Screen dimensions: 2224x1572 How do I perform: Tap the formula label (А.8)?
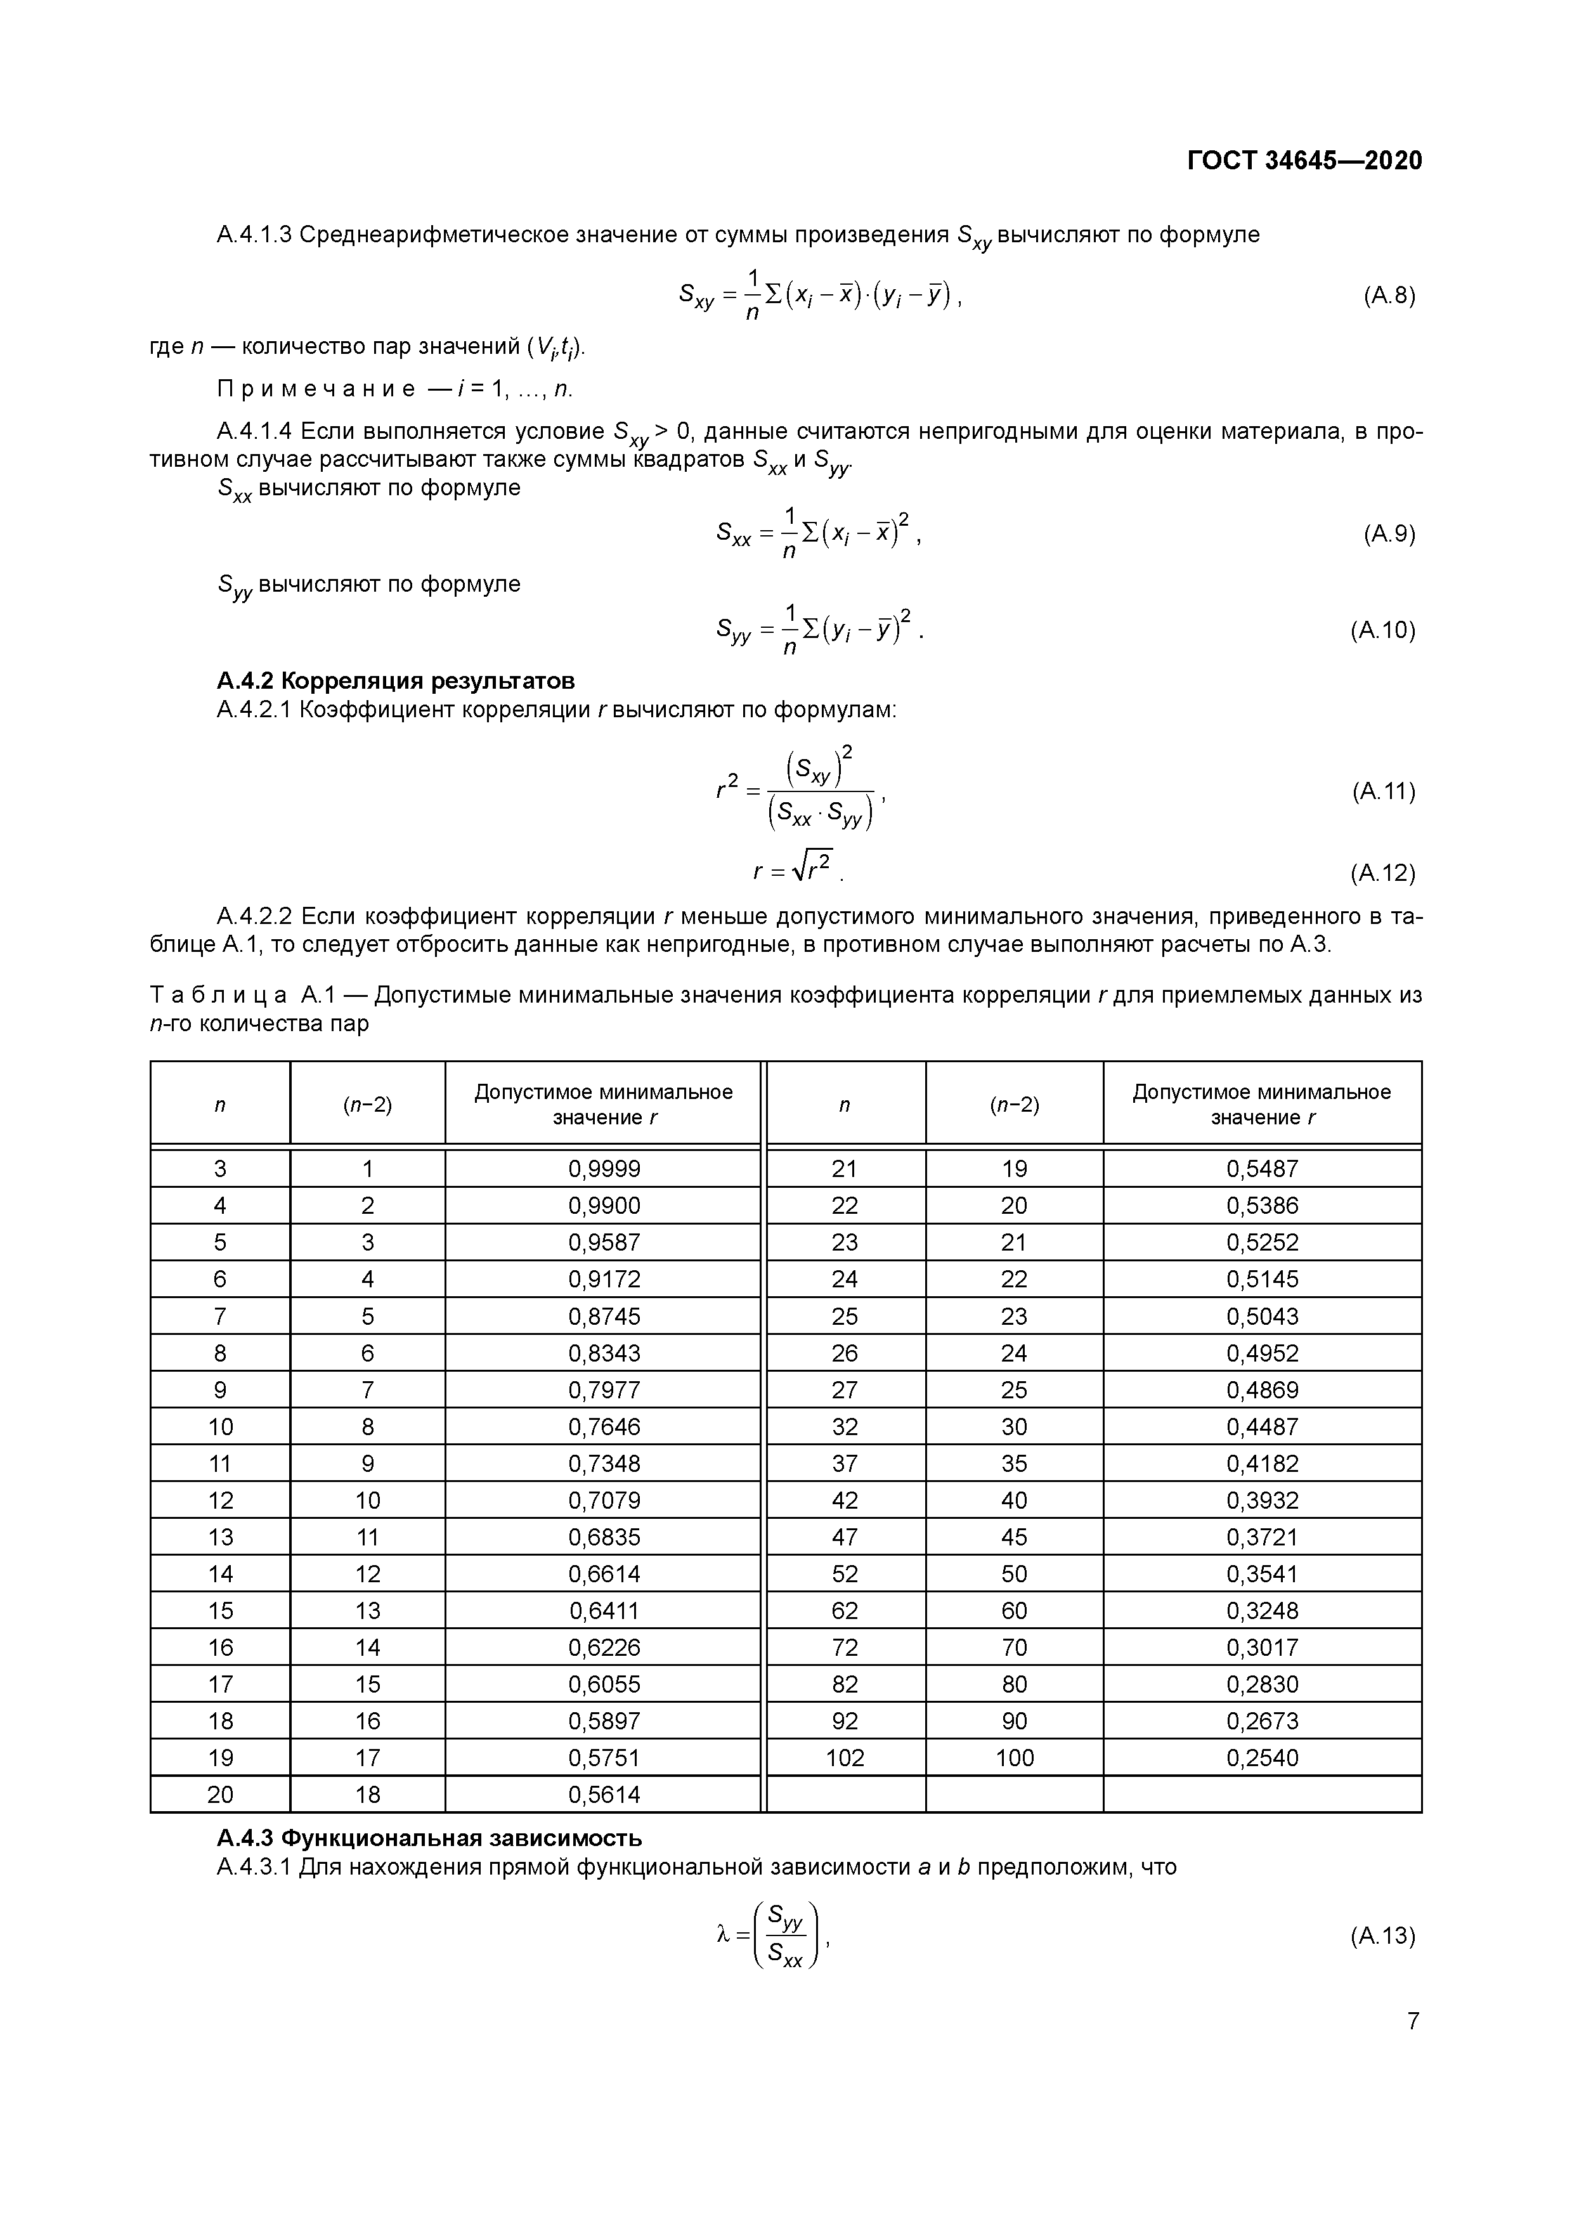(1388, 296)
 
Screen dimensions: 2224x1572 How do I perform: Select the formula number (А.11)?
(1383, 791)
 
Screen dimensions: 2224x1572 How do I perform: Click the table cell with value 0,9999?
(604, 1169)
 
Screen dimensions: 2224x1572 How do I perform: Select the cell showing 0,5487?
(1262, 1169)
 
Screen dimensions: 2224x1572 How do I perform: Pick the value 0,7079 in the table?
(604, 1500)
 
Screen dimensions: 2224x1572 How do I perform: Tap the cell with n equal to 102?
(845, 1758)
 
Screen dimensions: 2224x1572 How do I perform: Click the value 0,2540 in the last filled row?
(1262, 1758)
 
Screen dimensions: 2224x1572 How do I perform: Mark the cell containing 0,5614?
(604, 1795)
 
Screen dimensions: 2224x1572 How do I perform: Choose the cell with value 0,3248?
(1262, 1611)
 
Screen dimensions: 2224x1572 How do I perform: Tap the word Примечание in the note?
(316, 389)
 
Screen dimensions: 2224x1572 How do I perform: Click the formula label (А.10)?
(1382, 630)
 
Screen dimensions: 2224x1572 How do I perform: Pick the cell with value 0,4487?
(1262, 1427)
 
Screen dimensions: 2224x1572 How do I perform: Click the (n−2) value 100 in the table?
(1014, 1758)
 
